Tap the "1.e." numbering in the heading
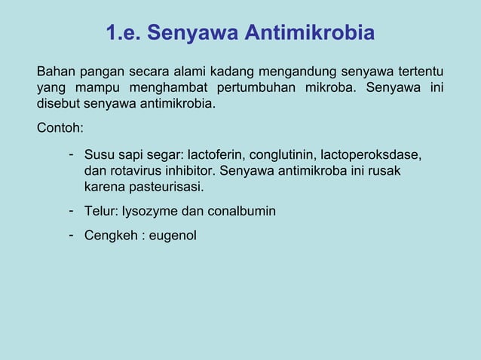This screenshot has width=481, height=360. (122, 34)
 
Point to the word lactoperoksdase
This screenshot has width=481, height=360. (371, 155)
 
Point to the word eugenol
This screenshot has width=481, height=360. (173, 236)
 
